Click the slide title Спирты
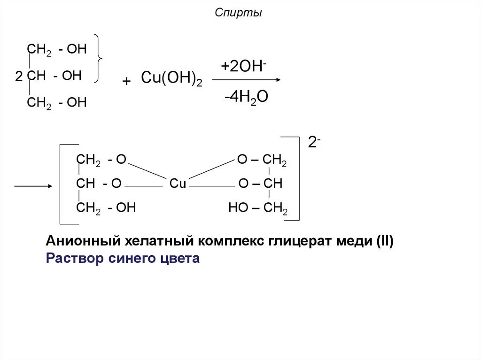click(238, 13)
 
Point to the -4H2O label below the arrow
click(246, 97)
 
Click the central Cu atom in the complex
click(178, 184)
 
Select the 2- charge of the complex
click(314, 142)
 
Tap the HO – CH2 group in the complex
click(258, 208)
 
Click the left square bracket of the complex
click(61, 184)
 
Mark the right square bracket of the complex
click(297, 178)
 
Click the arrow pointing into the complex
click(33, 186)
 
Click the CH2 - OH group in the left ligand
click(106, 208)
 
